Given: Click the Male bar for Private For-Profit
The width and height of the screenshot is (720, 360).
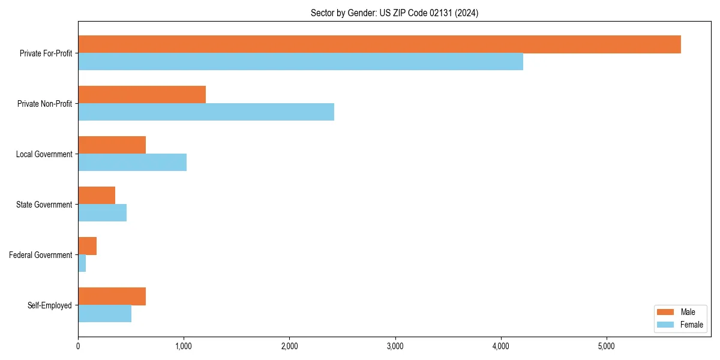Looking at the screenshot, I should [x=379, y=44].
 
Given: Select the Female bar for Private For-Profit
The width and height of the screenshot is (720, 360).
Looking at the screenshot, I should [x=300, y=62].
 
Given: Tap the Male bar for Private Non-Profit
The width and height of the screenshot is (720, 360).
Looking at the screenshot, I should [x=142, y=95].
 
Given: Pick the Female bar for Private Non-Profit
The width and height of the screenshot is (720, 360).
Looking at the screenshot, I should [x=206, y=112].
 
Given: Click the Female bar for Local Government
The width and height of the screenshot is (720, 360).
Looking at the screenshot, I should [x=132, y=163].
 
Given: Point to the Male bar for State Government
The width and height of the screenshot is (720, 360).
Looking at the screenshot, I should [x=97, y=196].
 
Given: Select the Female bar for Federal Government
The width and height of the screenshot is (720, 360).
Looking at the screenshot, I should [x=82, y=263].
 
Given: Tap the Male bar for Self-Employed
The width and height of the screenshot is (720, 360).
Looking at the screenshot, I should [x=112, y=296].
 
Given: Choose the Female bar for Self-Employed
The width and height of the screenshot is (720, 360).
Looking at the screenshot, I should [x=104, y=314].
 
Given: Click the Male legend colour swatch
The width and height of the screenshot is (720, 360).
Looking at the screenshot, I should [x=666, y=312].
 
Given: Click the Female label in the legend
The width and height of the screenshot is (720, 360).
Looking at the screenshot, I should [x=691, y=325].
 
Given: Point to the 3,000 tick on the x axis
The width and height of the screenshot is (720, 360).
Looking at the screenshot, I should [x=395, y=346].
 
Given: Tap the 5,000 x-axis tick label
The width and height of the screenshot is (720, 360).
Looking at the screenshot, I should [x=607, y=346].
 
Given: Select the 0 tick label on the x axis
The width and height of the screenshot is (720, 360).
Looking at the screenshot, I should [x=78, y=346].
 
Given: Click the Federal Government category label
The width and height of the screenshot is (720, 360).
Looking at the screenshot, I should [x=40, y=255].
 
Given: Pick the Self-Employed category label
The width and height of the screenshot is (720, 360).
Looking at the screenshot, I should [x=49, y=305].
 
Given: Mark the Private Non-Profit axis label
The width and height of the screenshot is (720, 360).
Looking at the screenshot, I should [x=44, y=104].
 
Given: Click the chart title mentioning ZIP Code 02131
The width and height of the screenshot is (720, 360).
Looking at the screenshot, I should [x=394, y=13].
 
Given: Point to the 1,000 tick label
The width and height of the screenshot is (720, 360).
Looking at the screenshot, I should [x=184, y=346].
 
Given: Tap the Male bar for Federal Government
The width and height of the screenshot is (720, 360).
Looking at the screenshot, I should [x=87, y=246].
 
